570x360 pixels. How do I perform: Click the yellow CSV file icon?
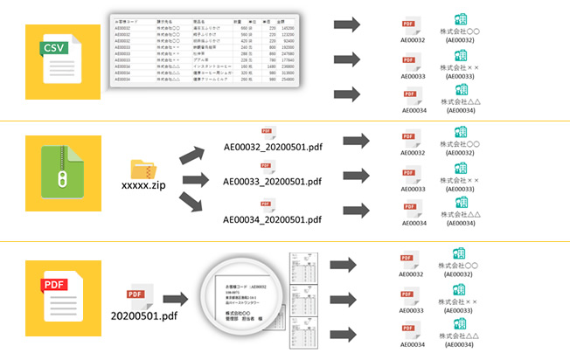57,59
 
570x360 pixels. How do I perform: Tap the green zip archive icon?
57,180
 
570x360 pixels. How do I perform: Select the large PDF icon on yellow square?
57,300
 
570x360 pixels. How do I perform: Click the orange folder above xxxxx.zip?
142,169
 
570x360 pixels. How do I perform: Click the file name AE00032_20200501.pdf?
273,147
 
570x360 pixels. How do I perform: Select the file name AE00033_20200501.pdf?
273,183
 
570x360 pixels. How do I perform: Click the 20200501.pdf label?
147,312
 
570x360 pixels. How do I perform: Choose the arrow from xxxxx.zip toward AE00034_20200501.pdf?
193,207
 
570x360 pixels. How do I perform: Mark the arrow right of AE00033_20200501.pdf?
354,177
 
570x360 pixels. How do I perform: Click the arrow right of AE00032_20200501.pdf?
354,141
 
